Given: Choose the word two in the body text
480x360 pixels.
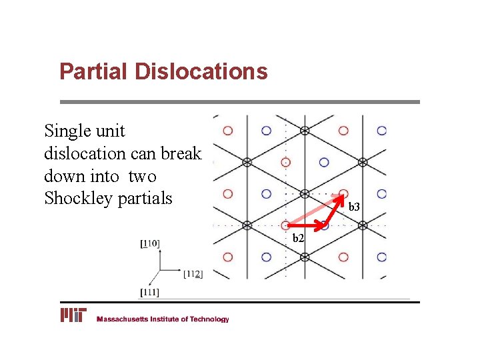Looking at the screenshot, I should pyautogui.click(x=143, y=176).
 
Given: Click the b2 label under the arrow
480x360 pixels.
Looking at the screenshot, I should pyautogui.click(x=299, y=238).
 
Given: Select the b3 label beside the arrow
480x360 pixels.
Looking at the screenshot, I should pyautogui.click(x=354, y=207).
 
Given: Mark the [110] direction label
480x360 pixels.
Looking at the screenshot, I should pyautogui.click(x=151, y=244).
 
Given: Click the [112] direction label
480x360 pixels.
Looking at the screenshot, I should pyautogui.click(x=193, y=273).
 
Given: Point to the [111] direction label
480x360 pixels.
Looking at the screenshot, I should pyautogui.click(x=150, y=292).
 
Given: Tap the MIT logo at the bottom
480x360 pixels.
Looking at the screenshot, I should pyautogui.click(x=73, y=315).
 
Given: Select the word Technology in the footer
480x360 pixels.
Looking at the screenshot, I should pyautogui.click(x=209, y=319).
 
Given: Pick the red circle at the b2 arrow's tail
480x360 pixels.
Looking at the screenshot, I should pyautogui.click(x=286, y=225).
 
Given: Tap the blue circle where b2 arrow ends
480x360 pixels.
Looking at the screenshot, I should pyautogui.click(x=324, y=225).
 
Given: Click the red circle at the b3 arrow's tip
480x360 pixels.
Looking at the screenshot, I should pyautogui.click(x=344, y=193).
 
